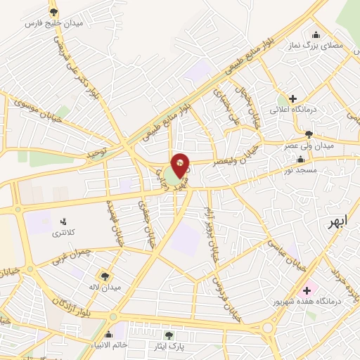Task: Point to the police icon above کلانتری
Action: pos(65,221)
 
